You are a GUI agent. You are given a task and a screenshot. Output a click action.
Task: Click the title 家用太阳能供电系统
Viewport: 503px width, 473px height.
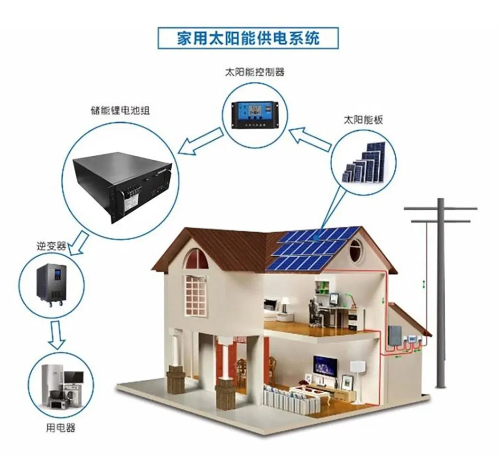click(248, 38)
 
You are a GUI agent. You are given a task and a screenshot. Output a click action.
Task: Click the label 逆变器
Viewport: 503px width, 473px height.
click(51, 247)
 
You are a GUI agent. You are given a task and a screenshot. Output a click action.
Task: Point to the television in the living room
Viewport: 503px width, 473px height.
click(325, 365)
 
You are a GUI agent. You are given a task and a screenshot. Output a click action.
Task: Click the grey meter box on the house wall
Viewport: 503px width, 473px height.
click(395, 337)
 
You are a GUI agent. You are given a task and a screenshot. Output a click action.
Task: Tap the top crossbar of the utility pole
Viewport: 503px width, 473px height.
click(440, 208)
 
